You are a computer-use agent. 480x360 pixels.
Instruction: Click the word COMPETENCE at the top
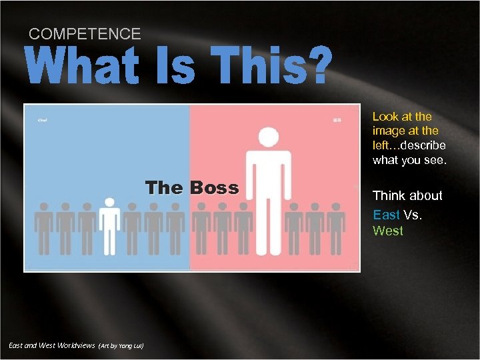coord(85,34)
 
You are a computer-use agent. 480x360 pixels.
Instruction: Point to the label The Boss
coord(192,187)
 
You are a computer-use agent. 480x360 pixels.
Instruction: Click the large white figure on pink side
coord(268,193)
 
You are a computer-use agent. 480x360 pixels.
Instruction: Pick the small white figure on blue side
coord(109,227)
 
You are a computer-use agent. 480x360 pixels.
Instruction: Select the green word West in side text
coord(387,231)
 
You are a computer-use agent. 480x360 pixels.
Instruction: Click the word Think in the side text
coord(389,195)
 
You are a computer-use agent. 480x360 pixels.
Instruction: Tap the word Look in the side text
coord(385,117)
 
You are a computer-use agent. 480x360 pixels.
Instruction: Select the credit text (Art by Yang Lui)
coord(121,346)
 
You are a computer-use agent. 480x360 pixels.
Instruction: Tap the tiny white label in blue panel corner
coord(42,120)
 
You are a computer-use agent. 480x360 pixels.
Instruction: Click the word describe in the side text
coord(425,145)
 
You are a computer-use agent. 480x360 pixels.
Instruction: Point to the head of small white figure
coord(109,203)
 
